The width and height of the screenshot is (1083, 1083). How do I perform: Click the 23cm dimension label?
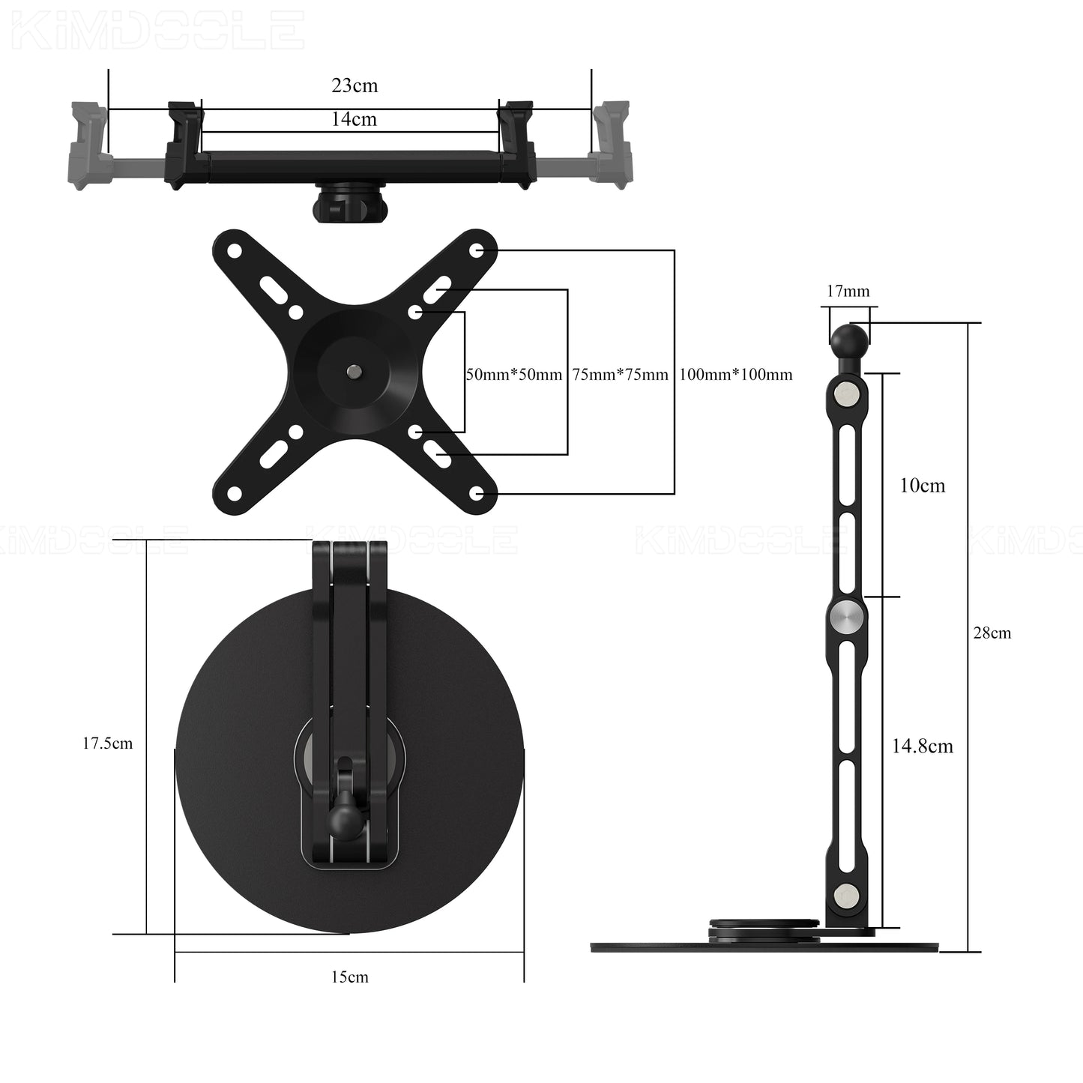(355, 85)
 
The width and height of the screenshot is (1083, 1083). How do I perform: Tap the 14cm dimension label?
(354, 119)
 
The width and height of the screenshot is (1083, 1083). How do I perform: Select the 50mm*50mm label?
(514, 375)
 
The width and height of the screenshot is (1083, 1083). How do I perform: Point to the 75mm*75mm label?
(620, 375)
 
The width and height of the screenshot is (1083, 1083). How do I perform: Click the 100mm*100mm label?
(735, 375)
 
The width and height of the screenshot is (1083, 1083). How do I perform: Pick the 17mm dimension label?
(848, 292)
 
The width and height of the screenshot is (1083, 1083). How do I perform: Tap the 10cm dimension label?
(922, 486)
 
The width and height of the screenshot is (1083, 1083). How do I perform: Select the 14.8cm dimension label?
(922, 746)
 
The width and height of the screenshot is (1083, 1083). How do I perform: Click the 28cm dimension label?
(992, 633)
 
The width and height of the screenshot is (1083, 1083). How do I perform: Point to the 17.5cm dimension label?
(107, 743)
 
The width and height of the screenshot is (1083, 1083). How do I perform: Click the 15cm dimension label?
(350, 977)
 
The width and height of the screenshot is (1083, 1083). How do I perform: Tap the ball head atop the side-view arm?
(848, 341)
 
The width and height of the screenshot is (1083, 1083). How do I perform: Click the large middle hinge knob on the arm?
(847, 617)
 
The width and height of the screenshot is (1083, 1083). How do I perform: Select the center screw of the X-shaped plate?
(353, 370)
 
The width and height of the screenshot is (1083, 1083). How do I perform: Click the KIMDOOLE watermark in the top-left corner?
(157, 30)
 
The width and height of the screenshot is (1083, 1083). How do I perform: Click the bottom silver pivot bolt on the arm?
(847, 894)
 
